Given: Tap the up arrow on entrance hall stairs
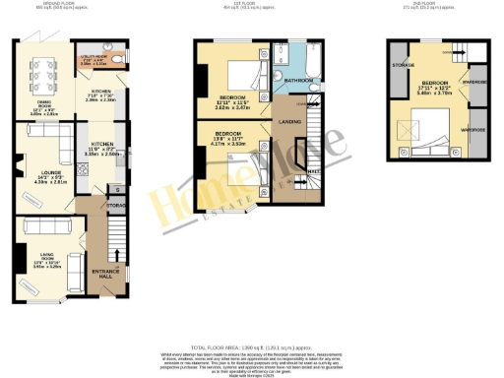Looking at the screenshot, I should [119, 251].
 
